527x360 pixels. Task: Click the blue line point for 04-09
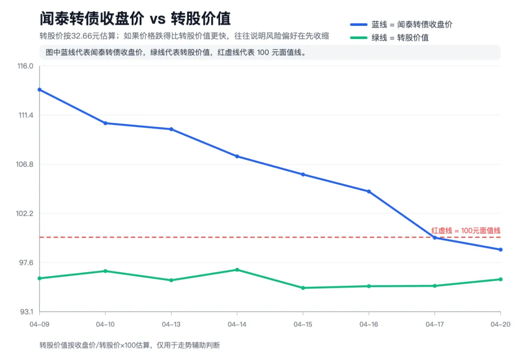(x=40, y=89)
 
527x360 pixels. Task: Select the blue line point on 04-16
(x=369, y=191)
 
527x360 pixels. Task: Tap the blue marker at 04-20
(x=501, y=250)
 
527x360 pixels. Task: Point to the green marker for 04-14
(x=237, y=270)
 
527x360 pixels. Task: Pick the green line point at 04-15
(x=303, y=288)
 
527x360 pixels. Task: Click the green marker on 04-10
(x=105, y=271)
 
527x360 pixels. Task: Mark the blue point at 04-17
(x=435, y=238)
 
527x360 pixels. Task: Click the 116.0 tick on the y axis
(x=25, y=66)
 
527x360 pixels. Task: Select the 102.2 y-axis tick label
(x=25, y=213)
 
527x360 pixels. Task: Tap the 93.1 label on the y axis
(x=25, y=312)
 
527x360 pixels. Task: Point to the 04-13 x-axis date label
(x=171, y=324)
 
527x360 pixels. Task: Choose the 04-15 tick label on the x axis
(x=303, y=324)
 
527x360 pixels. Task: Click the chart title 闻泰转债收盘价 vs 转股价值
(x=135, y=19)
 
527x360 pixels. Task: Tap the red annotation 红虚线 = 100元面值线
(x=466, y=230)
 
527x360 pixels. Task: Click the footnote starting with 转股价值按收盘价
(x=130, y=345)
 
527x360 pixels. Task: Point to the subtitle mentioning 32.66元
(x=184, y=36)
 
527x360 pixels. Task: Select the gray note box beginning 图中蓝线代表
(x=269, y=52)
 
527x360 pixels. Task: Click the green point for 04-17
(x=435, y=286)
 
